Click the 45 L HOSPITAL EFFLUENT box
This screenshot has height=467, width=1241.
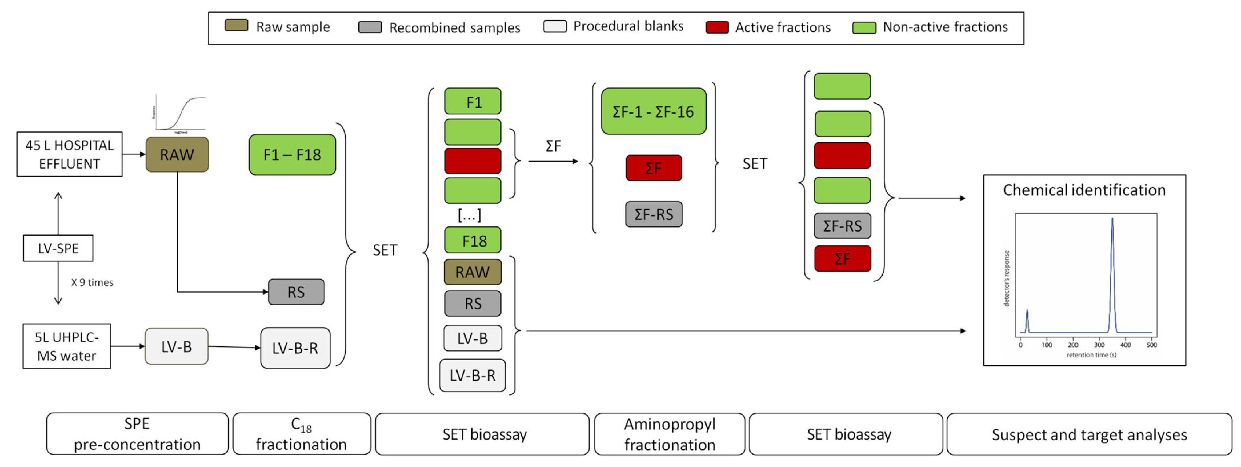pyautogui.click(x=69, y=154)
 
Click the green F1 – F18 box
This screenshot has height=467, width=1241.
pyautogui.click(x=292, y=154)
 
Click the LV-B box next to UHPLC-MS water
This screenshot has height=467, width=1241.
pyautogui.click(x=176, y=346)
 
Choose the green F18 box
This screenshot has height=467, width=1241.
pyautogui.click(x=473, y=240)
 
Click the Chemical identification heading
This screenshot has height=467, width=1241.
pyautogui.click(x=1084, y=190)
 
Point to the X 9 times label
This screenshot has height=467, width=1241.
pyautogui.click(x=92, y=283)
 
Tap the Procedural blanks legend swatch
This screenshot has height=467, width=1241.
pyautogui.click(x=554, y=26)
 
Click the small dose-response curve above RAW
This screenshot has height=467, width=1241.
pyautogui.click(x=180, y=114)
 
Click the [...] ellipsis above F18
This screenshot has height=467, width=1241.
pyautogui.click(x=469, y=215)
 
